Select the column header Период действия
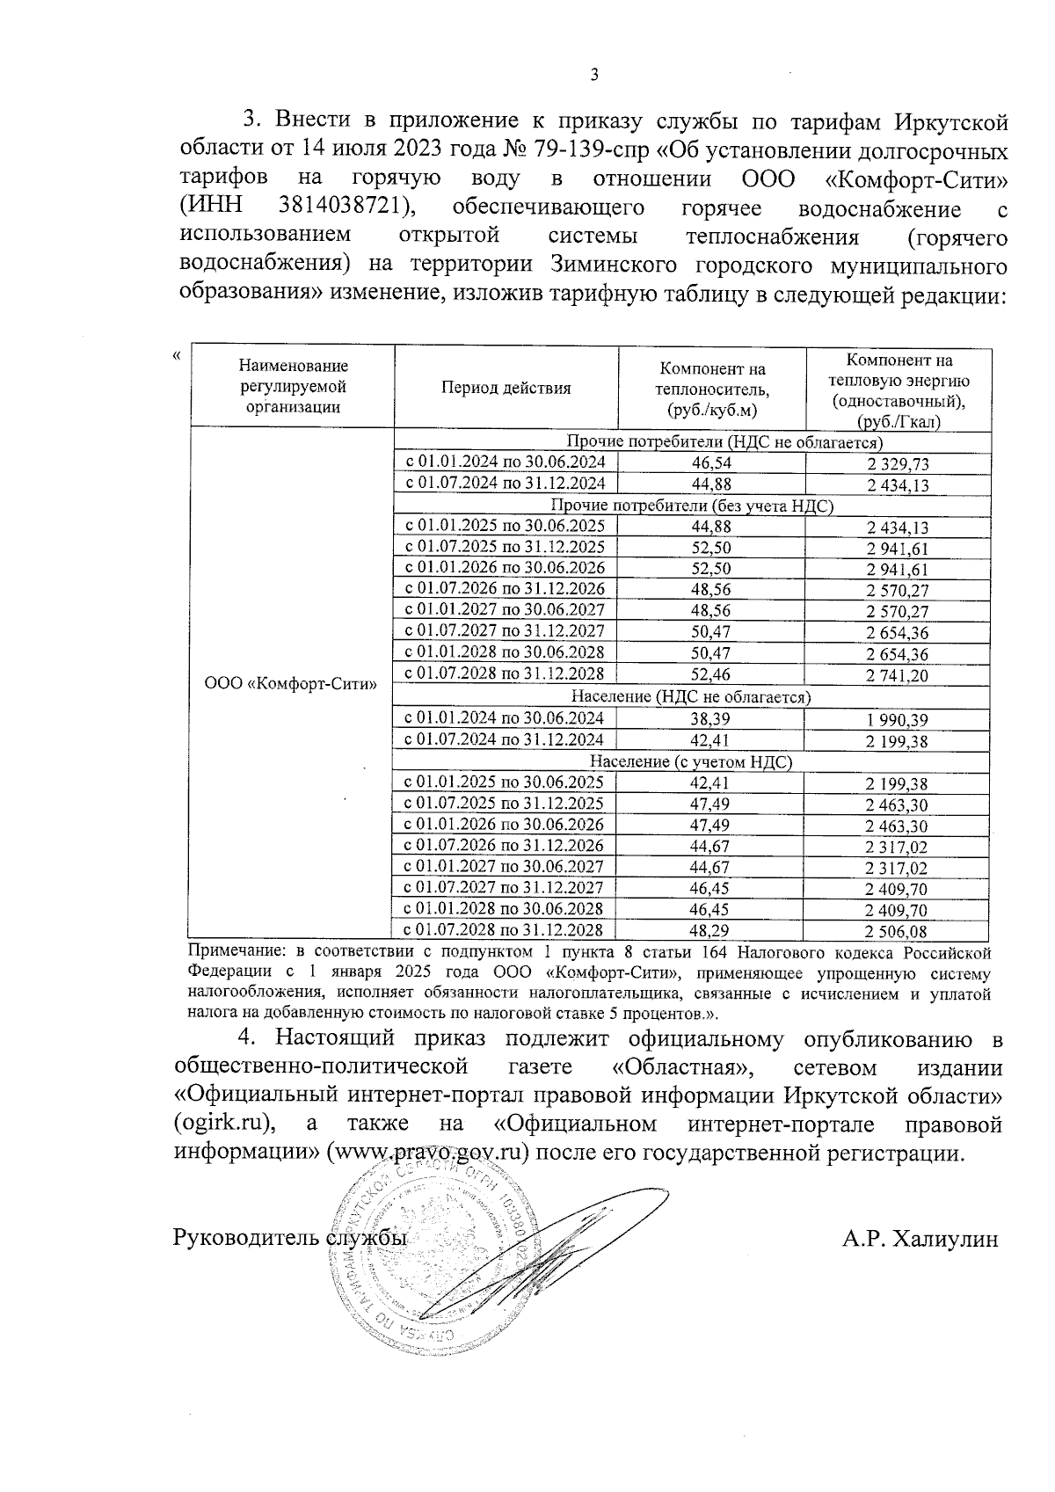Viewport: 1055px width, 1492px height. [x=506, y=388]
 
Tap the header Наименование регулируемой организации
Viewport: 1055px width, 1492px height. [x=292, y=386]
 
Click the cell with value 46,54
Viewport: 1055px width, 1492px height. [x=711, y=462]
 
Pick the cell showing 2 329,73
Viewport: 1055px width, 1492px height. [x=897, y=464]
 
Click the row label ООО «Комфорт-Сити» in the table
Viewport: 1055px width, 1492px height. [x=290, y=683]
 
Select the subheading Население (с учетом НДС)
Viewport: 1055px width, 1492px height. [x=690, y=762]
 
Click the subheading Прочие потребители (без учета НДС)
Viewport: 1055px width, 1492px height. [x=690, y=506]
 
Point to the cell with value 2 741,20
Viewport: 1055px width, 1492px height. [x=897, y=675]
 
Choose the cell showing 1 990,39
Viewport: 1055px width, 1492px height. [x=897, y=719]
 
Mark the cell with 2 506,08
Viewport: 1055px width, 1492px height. [x=897, y=931]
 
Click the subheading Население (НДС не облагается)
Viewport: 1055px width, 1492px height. [x=690, y=696]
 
